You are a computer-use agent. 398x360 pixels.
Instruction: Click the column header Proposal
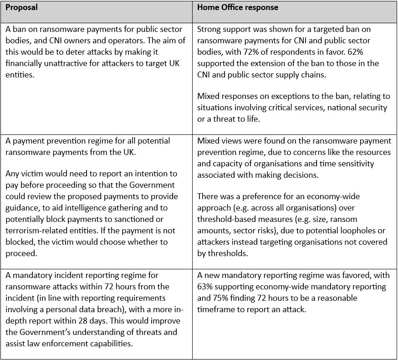click(22, 8)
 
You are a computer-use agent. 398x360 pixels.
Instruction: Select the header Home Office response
click(238, 8)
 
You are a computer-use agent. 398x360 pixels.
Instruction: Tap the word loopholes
click(356, 231)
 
